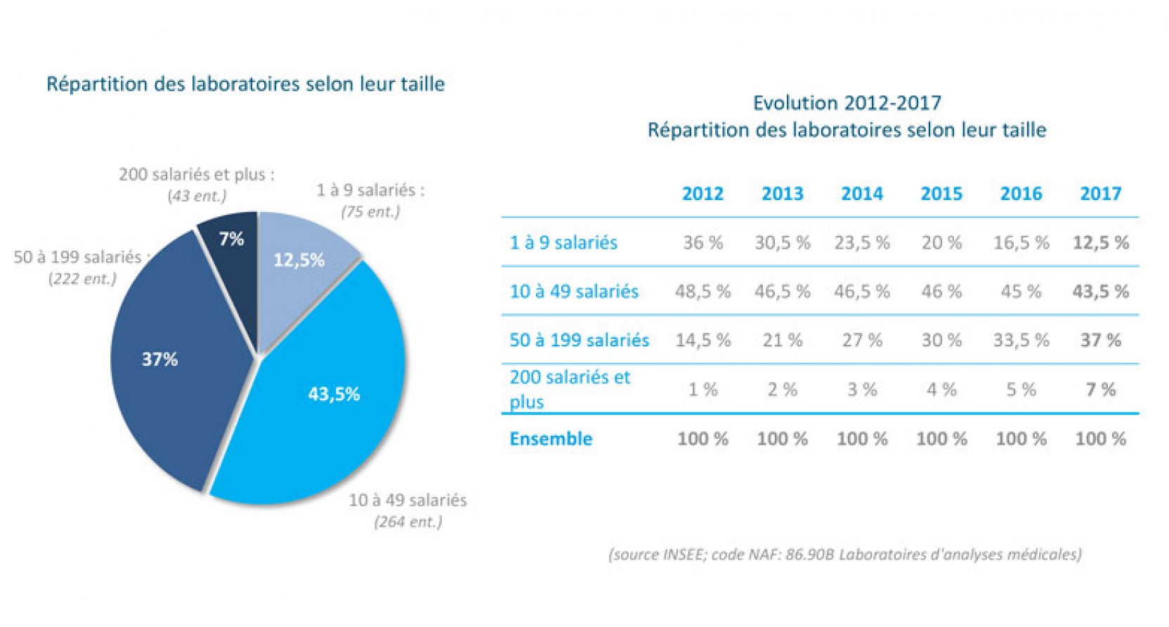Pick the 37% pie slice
click(x=169, y=365)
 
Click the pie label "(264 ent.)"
click(x=408, y=522)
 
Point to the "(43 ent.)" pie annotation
click(x=197, y=196)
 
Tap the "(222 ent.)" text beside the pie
click(x=82, y=279)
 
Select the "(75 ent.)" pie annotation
click(x=370, y=211)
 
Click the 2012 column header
click(x=703, y=194)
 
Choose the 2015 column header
click(x=941, y=194)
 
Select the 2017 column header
click(x=1100, y=194)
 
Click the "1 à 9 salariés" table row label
click(x=563, y=243)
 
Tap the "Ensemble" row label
click(x=551, y=439)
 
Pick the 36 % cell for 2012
click(x=703, y=243)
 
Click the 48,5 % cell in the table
click(x=703, y=291)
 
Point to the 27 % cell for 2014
click(x=862, y=341)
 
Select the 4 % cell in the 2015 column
click(x=941, y=390)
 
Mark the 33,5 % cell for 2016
click(x=1021, y=341)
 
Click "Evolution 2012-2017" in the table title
click(x=847, y=103)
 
